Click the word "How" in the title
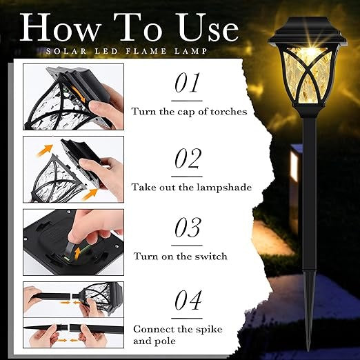pyautogui.click(x=60, y=27)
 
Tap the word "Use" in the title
pyautogui.click(x=208, y=27)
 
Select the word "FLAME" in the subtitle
pyautogui.click(x=146, y=51)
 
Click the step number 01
pyautogui.click(x=187, y=83)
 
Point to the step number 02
pyautogui.click(x=188, y=158)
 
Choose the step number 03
pyautogui.click(x=188, y=228)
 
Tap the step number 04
pyautogui.click(x=188, y=300)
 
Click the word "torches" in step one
pyautogui.click(x=228, y=112)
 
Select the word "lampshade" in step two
pyautogui.click(x=224, y=188)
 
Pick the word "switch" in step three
pyautogui.click(x=211, y=256)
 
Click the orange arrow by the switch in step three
pyautogui.click(x=78, y=252)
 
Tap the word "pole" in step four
pyautogui.click(x=165, y=341)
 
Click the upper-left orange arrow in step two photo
pyautogui.click(x=45, y=150)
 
